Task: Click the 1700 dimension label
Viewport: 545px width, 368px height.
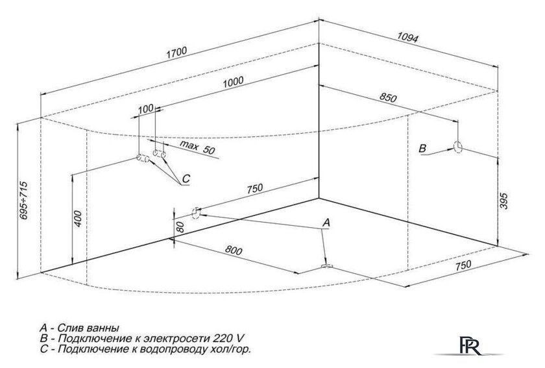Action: tap(176, 52)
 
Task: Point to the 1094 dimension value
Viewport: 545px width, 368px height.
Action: tap(407, 37)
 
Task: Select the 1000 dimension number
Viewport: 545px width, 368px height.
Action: tap(233, 82)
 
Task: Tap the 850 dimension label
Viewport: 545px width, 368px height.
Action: tap(387, 98)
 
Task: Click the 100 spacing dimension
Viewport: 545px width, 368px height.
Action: tap(145, 109)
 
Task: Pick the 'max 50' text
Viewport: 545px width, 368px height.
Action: tap(197, 148)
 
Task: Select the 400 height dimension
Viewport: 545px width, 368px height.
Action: tap(78, 219)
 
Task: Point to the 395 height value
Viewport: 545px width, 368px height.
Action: tap(503, 201)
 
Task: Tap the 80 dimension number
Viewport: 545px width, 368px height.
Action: tap(180, 227)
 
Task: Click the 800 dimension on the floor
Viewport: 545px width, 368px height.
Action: tap(233, 251)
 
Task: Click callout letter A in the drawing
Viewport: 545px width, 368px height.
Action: tap(326, 223)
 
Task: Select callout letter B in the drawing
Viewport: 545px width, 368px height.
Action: tap(422, 149)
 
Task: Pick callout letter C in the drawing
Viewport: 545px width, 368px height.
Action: tap(186, 178)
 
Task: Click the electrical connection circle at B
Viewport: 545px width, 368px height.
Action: tap(458, 147)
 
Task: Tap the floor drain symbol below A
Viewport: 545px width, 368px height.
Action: tap(327, 267)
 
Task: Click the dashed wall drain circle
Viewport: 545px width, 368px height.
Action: tap(196, 214)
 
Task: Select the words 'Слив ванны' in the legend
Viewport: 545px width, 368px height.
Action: tap(88, 328)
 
